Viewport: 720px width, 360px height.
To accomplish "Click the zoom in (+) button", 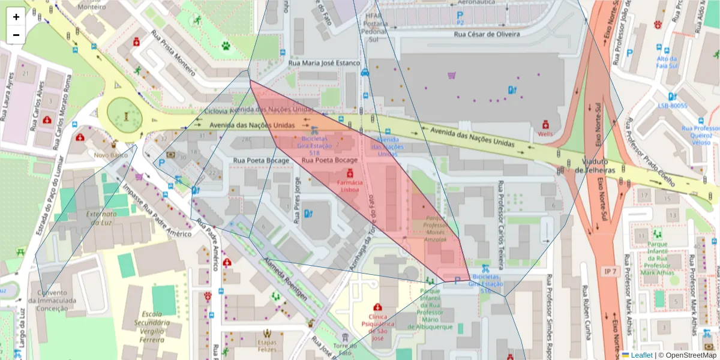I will click(x=16, y=17).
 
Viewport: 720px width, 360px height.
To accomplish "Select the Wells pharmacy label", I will click(x=545, y=134).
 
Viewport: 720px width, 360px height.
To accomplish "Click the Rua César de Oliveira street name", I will click(x=487, y=34).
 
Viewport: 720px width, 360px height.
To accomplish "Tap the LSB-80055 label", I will click(x=672, y=106).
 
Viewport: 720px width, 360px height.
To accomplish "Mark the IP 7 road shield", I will click(x=611, y=272).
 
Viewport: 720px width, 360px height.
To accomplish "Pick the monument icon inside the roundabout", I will click(x=126, y=115).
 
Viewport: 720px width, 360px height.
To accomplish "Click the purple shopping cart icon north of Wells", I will click(x=451, y=76).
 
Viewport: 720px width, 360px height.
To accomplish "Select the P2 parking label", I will click(x=460, y=22).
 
